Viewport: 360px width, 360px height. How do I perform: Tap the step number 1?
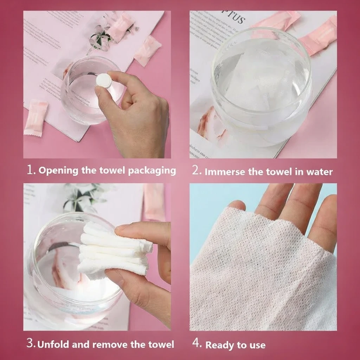pyautogui.click(x=31, y=170)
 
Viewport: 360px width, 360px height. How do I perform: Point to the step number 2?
pyautogui.click(x=196, y=171)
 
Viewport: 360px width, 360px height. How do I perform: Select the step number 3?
pyautogui.click(x=31, y=343)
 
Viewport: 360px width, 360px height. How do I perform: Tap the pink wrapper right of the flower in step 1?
pyautogui.click(x=148, y=51)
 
